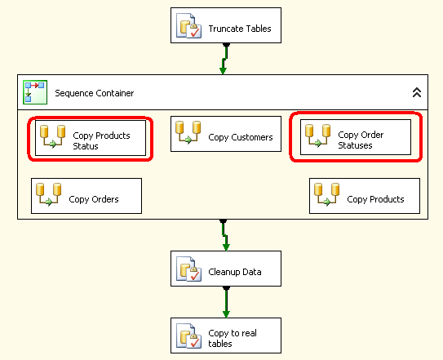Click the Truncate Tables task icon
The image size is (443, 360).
pos(188,25)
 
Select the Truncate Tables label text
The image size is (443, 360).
pos(240,29)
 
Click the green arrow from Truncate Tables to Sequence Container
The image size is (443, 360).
pos(224,59)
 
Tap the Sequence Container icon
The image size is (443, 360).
pos(35,92)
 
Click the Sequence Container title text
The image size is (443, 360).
pos(95,93)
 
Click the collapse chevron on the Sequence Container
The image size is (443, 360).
pos(417,92)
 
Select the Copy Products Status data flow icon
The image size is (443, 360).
pos(52,136)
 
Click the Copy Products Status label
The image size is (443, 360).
pos(101,140)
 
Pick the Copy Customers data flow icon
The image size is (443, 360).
pos(188,132)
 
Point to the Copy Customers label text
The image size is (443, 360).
pos(241,137)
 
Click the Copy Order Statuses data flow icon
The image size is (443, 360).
pos(318,136)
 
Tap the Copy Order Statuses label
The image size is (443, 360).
pos(361,140)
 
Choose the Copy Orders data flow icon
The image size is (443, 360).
pos(49,194)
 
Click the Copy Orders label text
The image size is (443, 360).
pos(94,199)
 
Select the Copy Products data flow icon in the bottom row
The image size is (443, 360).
pos(327,194)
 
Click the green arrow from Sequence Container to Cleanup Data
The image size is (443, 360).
pos(224,235)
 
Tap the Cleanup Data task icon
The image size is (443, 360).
pos(188,269)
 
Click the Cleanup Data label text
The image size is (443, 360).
pos(235,272)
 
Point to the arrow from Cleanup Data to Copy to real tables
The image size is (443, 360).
pos(226,302)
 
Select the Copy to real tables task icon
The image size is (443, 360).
pos(188,336)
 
